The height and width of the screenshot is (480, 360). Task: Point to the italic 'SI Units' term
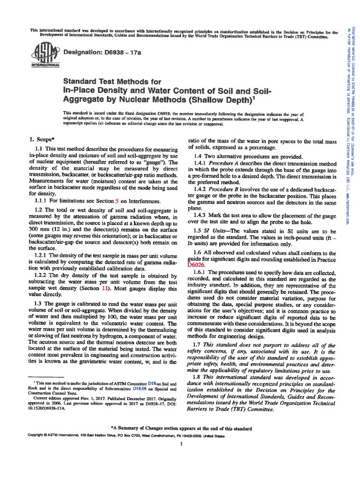(224, 231)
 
